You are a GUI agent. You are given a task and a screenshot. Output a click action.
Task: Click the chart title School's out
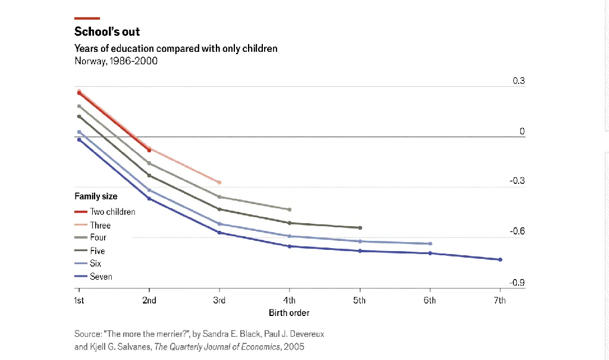107,32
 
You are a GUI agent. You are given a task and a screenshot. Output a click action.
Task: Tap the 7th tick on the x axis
500,300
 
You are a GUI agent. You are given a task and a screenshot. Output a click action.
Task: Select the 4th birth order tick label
289,300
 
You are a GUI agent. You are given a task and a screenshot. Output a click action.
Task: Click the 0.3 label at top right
519,81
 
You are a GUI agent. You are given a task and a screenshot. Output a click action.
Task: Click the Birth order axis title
289,313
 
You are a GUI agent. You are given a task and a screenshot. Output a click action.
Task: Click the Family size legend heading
96,196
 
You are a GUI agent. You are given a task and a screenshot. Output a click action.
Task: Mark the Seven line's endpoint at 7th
500,259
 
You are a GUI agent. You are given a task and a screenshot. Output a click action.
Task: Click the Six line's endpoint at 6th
430,244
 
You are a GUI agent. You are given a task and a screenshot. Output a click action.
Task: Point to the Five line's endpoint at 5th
360,228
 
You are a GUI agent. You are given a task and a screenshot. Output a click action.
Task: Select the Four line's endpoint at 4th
290,209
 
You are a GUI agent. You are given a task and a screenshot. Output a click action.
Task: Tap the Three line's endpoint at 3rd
219,182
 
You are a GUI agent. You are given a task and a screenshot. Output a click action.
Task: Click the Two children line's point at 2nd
149,151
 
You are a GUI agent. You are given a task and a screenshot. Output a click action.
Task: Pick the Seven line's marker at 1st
79,139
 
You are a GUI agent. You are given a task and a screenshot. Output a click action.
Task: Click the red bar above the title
87,18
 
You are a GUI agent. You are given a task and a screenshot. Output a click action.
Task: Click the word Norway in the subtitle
89,61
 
